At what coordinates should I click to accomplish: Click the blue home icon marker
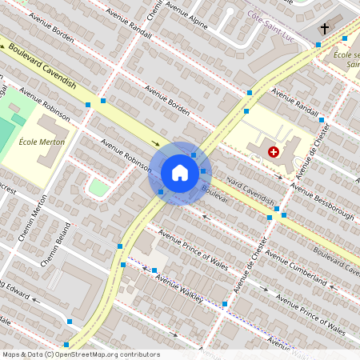tap(180, 172)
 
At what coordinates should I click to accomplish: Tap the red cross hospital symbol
tap(274, 151)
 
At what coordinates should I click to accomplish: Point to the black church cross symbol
tap(324, 30)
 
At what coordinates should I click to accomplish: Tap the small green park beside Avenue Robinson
tap(98, 188)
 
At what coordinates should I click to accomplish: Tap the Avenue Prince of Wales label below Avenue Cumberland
tap(311, 314)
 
